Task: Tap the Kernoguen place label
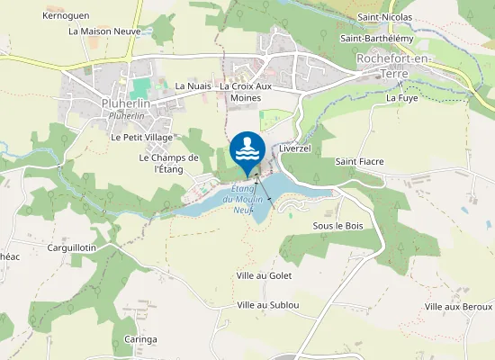(x=65, y=16)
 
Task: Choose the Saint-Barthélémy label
(x=377, y=39)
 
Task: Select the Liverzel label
(x=294, y=148)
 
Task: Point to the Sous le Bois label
(x=337, y=225)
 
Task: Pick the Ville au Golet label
(x=264, y=275)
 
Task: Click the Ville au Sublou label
(x=267, y=305)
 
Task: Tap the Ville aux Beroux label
(x=458, y=307)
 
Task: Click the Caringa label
(x=141, y=339)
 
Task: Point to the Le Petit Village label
(x=141, y=138)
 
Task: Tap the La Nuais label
(x=193, y=86)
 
